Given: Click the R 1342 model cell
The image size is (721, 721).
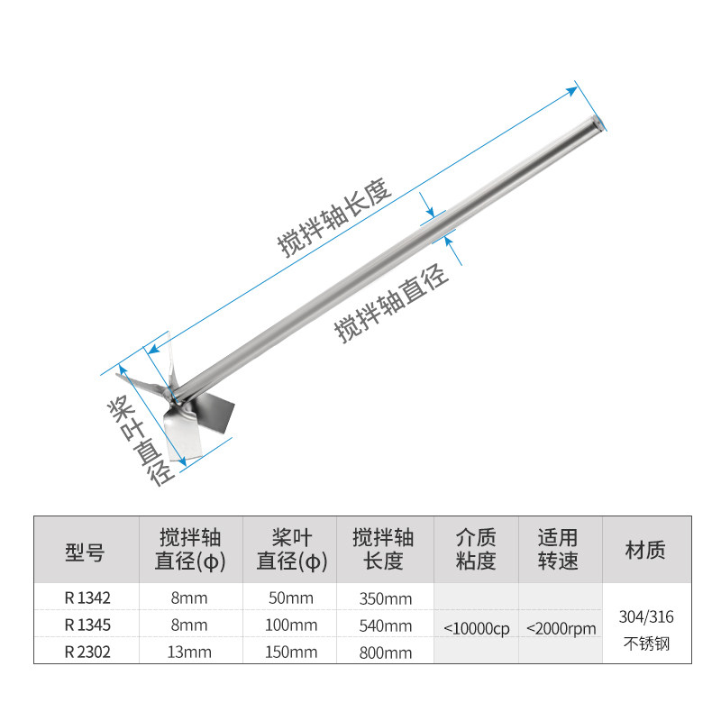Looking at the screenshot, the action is (x=86, y=598).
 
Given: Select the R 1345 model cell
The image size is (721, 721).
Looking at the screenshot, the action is (x=86, y=625).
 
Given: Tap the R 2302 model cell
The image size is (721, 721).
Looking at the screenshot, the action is (x=86, y=652).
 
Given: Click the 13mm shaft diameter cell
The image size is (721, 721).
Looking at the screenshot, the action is (x=188, y=652).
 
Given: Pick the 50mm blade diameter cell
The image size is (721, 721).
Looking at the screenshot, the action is (x=291, y=598).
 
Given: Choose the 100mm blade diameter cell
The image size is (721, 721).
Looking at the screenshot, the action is (x=291, y=625).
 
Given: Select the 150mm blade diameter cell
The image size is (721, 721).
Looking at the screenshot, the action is (x=291, y=652).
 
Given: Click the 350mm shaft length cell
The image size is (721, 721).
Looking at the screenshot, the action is (x=385, y=598).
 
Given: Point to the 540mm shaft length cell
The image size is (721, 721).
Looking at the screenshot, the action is (x=385, y=625).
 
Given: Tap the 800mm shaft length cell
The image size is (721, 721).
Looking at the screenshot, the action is (x=385, y=652).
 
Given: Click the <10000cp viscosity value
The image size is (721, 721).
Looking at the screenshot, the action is (x=477, y=628).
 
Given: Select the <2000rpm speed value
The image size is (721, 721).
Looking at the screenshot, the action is (x=561, y=628).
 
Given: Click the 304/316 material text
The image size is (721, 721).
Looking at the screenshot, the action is (x=646, y=617).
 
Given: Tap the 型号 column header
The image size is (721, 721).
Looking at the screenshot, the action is (x=86, y=550).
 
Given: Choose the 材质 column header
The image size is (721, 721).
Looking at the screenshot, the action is (x=646, y=550).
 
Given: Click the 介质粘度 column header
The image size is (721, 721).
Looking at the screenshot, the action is (x=477, y=550).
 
